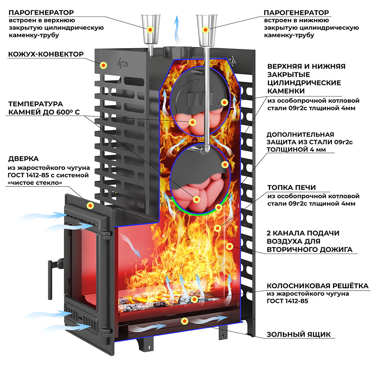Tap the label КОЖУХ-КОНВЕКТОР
pos(46,54)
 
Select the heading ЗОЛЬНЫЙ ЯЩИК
pos(298,334)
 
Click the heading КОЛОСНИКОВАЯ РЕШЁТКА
pos(317,286)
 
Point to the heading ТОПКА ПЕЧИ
pos(291,187)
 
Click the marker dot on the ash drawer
pos(184,321)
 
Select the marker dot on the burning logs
pos(194,299)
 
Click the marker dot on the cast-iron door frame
pos(90,206)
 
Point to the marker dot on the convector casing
pos(103,65)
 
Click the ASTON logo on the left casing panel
pos(134,64)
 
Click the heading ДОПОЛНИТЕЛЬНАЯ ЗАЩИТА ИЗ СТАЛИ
pos(310,142)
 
